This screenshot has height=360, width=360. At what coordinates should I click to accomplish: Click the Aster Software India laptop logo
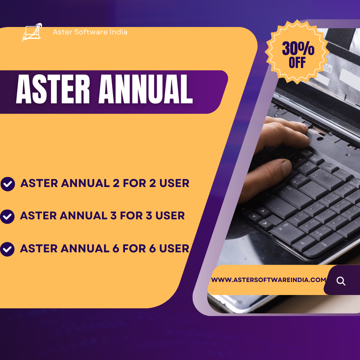[32, 32]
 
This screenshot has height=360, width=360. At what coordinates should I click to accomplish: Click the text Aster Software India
[90, 32]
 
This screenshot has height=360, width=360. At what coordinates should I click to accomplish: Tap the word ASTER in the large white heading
[53, 89]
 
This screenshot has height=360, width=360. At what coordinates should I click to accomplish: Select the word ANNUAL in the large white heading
[146, 89]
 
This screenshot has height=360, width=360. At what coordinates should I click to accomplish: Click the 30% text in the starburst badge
[298, 48]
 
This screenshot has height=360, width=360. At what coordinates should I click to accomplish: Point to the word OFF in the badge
[297, 62]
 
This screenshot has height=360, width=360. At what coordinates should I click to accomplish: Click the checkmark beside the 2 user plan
[8, 184]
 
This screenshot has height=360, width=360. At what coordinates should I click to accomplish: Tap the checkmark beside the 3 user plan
[7, 217]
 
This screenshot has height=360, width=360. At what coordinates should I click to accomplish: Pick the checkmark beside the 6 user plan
[7, 249]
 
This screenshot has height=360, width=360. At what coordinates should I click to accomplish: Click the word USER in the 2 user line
[174, 183]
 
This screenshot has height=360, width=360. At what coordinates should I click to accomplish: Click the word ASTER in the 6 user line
[39, 248]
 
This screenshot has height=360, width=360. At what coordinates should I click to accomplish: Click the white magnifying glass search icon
[341, 281]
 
